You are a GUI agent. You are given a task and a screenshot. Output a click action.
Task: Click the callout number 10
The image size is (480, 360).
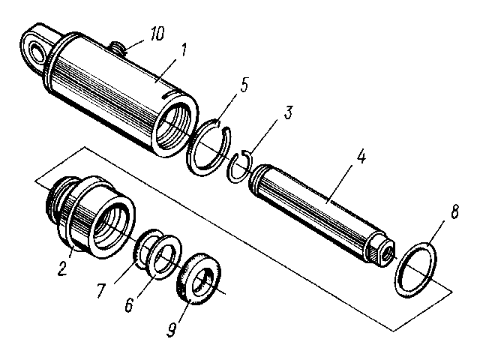click(x=157, y=33)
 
